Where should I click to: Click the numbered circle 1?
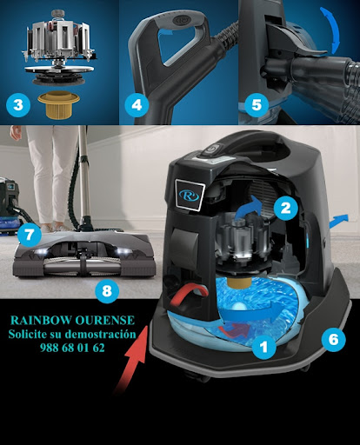(x=263, y=347)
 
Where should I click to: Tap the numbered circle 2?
(x=285, y=208)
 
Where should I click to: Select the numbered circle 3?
(x=18, y=104)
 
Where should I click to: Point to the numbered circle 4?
(x=137, y=104)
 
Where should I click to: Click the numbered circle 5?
(x=257, y=104)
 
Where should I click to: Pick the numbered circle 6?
(x=333, y=339)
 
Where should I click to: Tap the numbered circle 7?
(x=30, y=235)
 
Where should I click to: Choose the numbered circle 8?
(x=107, y=290)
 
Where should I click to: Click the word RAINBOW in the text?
(x=41, y=320)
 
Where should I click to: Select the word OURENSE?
(x=105, y=320)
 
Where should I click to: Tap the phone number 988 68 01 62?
(x=72, y=348)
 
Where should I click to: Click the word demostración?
(x=100, y=334)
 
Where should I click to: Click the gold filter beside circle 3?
(x=58, y=104)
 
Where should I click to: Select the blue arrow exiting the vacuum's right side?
(x=338, y=221)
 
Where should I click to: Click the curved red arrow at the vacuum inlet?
(x=190, y=295)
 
